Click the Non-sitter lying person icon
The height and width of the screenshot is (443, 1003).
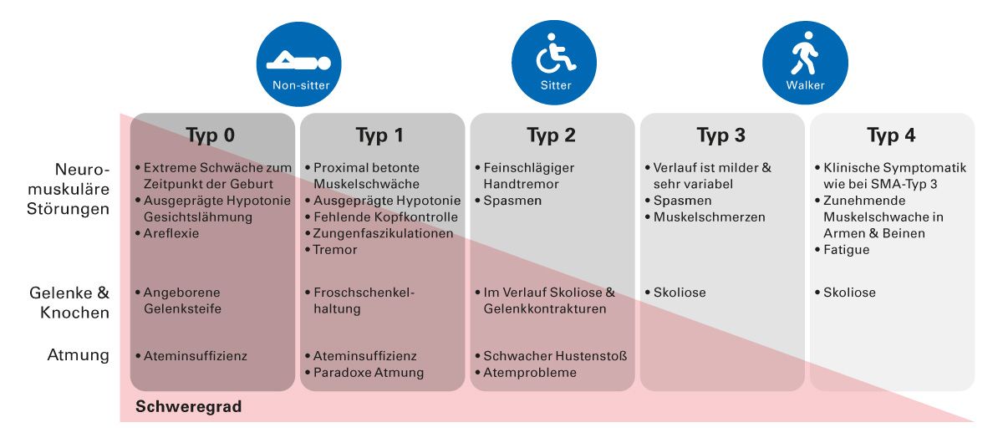[298, 63]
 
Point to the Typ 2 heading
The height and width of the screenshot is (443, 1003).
[551, 135]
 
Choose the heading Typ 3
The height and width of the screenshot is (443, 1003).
[721, 135]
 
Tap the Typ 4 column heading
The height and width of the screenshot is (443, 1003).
[891, 135]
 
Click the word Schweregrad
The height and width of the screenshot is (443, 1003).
[188, 407]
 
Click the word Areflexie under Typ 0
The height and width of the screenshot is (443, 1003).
[171, 233]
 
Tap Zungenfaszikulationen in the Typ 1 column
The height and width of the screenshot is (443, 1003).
[384, 233]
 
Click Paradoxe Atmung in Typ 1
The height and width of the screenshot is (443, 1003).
[369, 373]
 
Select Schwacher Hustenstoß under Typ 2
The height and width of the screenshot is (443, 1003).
[555, 356]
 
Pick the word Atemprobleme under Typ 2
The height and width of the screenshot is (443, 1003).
[530, 373]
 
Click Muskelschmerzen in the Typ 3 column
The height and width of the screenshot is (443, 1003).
[709, 217]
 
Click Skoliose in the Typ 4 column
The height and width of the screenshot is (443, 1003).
[848, 293]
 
